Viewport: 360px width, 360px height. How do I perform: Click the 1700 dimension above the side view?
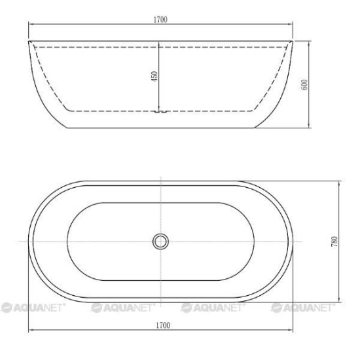pyautogui.click(x=160, y=20)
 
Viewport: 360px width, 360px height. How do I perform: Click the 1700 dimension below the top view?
pyautogui.click(x=163, y=325)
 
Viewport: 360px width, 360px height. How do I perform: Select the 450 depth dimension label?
pyautogui.click(x=154, y=76)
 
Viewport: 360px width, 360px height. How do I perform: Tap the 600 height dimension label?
pyautogui.click(x=304, y=84)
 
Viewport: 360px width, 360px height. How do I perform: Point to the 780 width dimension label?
pyautogui.click(x=334, y=242)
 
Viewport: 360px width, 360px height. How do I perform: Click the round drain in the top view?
pyautogui.click(x=161, y=242)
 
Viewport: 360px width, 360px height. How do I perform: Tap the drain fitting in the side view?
pyautogui.click(x=161, y=111)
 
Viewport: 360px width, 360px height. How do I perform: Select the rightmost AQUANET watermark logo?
pyautogui.click(x=303, y=308)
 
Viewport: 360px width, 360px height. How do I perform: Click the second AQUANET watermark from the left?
pyautogui.click(x=123, y=308)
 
